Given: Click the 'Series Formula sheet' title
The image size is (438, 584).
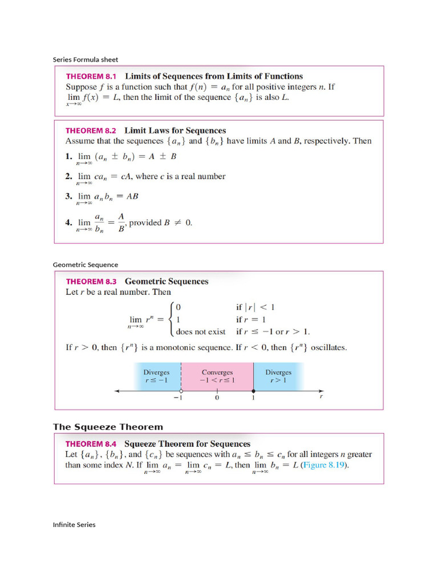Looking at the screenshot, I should click(86, 59).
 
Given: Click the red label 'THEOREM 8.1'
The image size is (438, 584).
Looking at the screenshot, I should click(91, 76).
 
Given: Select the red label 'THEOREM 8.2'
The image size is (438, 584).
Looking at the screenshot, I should click(91, 131).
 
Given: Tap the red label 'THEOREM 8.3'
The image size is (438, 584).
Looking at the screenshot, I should click(91, 281).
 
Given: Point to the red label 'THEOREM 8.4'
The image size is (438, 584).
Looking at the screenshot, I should click(91, 444).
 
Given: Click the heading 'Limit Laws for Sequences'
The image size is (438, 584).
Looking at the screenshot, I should click(175, 131).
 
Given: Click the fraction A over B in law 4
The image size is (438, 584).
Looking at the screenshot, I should click(121, 223).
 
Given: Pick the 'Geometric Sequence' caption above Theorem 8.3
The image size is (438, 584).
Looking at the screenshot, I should click(86, 265).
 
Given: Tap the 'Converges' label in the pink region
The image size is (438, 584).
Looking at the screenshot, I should click(217, 372).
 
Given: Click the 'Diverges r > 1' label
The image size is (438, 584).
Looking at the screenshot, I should click(278, 376).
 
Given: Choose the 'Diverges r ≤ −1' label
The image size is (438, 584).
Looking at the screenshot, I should click(156, 376).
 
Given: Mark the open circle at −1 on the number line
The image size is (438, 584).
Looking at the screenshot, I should click(181, 391).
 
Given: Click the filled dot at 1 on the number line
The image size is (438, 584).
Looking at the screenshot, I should click(253, 391).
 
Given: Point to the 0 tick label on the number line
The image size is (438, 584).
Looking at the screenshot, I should click(217, 398).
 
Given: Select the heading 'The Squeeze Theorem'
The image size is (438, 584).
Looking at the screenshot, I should click(108, 427).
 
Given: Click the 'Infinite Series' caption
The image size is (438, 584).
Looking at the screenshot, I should click(74, 525).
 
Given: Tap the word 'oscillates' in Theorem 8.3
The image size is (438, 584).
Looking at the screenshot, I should click(326, 347).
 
